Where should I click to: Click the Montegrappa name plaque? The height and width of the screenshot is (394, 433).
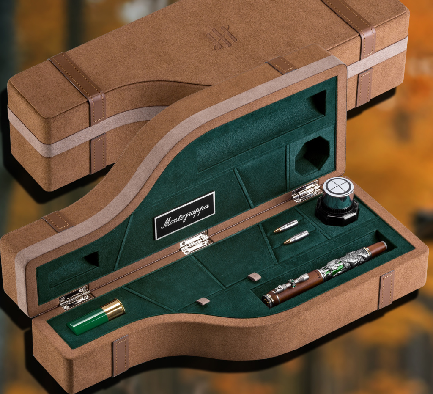click(x=185, y=215)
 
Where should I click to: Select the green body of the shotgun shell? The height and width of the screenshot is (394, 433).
click(x=89, y=321)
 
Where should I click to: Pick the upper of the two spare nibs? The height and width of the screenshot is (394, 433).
click(x=286, y=226)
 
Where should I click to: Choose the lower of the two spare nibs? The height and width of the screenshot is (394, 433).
click(x=296, y=237)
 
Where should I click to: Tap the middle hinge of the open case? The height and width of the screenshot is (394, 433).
click(x=196, y=242)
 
